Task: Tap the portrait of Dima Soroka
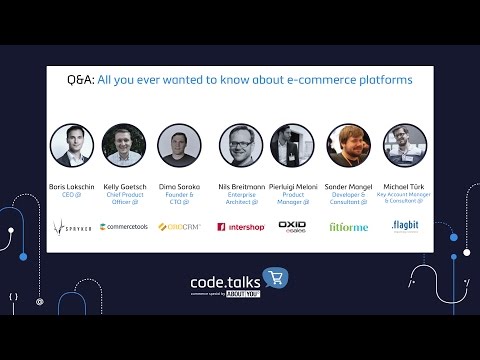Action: coord(179,145)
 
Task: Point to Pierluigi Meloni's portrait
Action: coord(292,145)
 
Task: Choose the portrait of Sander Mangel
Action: coord(348,145)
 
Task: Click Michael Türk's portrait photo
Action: coord(405,145)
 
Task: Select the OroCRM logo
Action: coord(180,227)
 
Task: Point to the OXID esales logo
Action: coord(292,226)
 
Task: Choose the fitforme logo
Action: coord(348,227)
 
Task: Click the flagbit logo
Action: coord(405,225)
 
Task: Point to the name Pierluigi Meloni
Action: coord(292,187)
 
